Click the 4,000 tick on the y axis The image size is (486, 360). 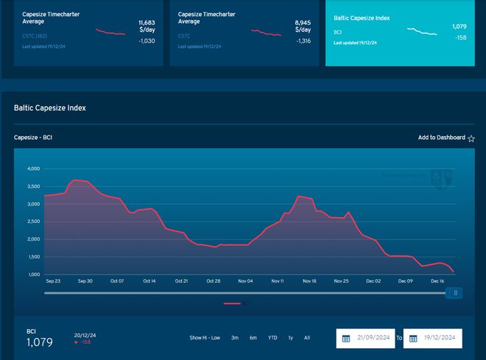coord(34,169)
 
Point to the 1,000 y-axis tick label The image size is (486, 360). coord(34,275)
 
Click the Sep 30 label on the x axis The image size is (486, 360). coord(85,281)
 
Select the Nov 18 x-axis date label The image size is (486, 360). coord(309,281)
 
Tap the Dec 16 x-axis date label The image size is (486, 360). coord(437,281)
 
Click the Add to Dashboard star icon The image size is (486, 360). coord(471,138)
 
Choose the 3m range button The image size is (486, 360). coord(235,338)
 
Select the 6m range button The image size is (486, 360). coord(253,338)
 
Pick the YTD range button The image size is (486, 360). coord(272,338)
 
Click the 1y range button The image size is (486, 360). coord(291,338)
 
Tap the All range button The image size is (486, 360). coord(307,338)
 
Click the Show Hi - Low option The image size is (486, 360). coord(205,338)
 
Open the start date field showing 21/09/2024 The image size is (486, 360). coord(366,338)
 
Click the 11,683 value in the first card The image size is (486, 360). coord(147,24)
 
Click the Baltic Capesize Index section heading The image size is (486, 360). coord(50,108)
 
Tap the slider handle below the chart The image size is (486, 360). coord(455,293)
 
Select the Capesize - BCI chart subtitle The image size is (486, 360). coord(33,138)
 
